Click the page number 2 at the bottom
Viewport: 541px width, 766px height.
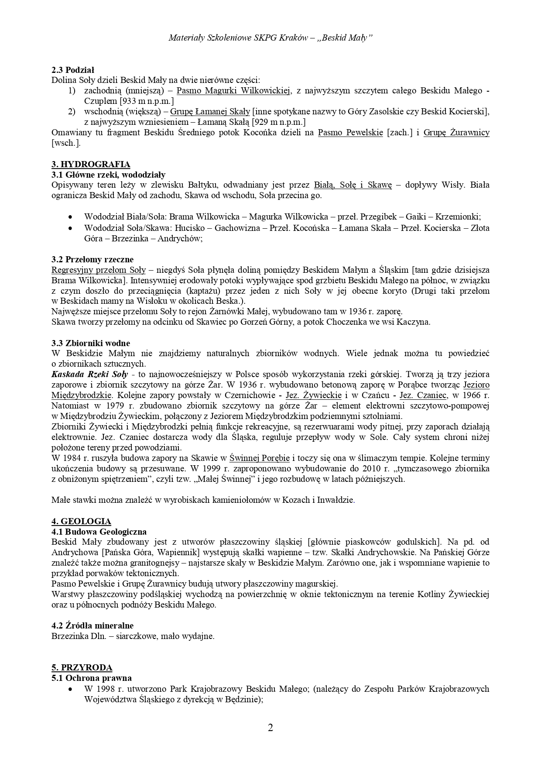(x=270, y=728)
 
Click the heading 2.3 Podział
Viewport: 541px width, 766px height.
(x=73, y=70)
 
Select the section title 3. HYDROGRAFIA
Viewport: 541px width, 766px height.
(x=91, y=164)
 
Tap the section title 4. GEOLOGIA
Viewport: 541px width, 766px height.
(x=81, y=521)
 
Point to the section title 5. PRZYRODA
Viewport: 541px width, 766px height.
(x=82, y=667)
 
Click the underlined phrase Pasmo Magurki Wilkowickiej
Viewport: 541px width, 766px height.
(x=234, y=91)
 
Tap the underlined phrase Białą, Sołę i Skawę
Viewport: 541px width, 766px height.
(x=353, y=185)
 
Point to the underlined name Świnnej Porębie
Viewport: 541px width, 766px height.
(x=259, y=458)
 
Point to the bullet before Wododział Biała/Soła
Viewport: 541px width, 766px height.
(x=71, y=217)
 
